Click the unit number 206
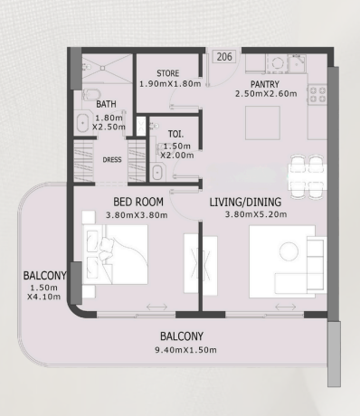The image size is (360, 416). point(224,57)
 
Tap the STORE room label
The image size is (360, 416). point(168,73)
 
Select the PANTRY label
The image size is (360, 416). point(265,84)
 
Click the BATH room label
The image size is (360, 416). point(106,104)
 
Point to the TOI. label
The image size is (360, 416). point(175,134)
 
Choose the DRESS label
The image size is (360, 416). point(112,160)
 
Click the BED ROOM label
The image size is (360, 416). point(138,202)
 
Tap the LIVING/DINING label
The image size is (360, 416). point(245,202)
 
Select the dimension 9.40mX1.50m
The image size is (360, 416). point(185,350)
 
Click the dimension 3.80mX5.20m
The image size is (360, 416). point(256,214)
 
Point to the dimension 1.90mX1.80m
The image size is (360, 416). point(170,84)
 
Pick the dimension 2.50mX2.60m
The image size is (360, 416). point(266,94)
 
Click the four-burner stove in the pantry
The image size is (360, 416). point(317,94)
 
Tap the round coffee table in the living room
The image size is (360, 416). point(289,251)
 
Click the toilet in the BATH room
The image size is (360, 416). point(89,94)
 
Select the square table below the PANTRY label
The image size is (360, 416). point(262,123)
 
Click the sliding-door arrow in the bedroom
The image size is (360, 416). point(156,307)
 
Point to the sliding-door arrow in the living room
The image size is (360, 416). point(286,307)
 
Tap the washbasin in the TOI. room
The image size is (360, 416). point(157,173)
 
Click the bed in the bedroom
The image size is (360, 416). point(116,254)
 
